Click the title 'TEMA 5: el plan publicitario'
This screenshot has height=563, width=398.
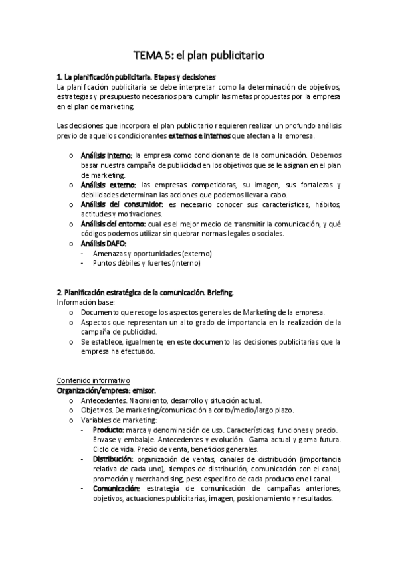tap(199, 56)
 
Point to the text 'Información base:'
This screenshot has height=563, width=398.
tap(86, 302)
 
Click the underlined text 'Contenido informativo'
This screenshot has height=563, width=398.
tap(94, 381)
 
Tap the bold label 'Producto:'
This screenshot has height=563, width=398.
tap(108, 430)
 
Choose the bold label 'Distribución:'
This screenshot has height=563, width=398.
tap(113, 459)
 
